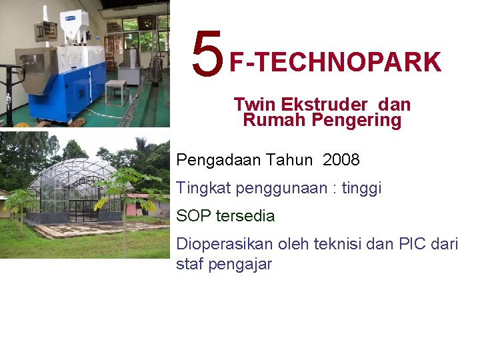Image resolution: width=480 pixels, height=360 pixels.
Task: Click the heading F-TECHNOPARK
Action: (335, 63)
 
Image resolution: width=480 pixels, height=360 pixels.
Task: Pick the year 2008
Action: (341, 160)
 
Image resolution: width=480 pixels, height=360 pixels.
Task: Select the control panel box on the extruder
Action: (45, 30)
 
